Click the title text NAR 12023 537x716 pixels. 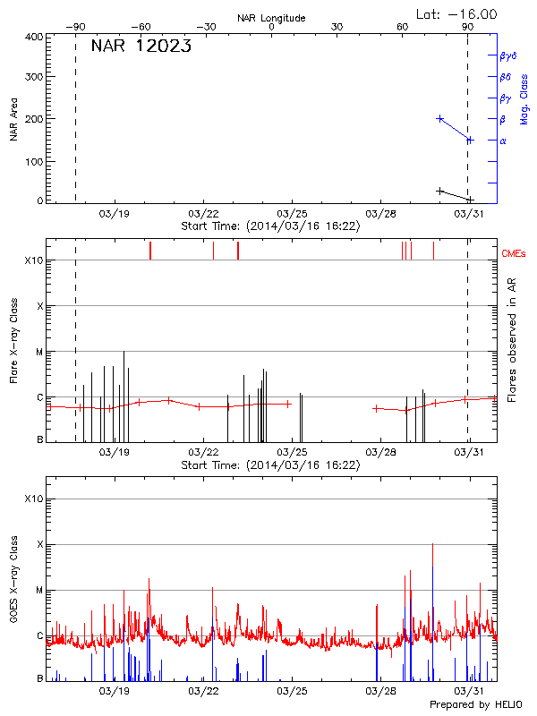[141, 47]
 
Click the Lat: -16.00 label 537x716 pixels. [457, 13]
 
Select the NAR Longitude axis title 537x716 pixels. [271, 17]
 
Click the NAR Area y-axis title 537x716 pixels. [13, 119]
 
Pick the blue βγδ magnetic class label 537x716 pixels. [508, 55]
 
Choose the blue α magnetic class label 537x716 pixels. [503, 141]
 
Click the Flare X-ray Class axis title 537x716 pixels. [13, 341]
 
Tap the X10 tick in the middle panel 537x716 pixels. [33, 260]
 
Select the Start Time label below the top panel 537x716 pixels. [270, 226]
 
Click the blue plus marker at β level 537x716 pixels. [439, 118]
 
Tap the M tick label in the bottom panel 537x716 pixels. [39, 590]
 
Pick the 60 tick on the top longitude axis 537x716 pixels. [403, 28]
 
